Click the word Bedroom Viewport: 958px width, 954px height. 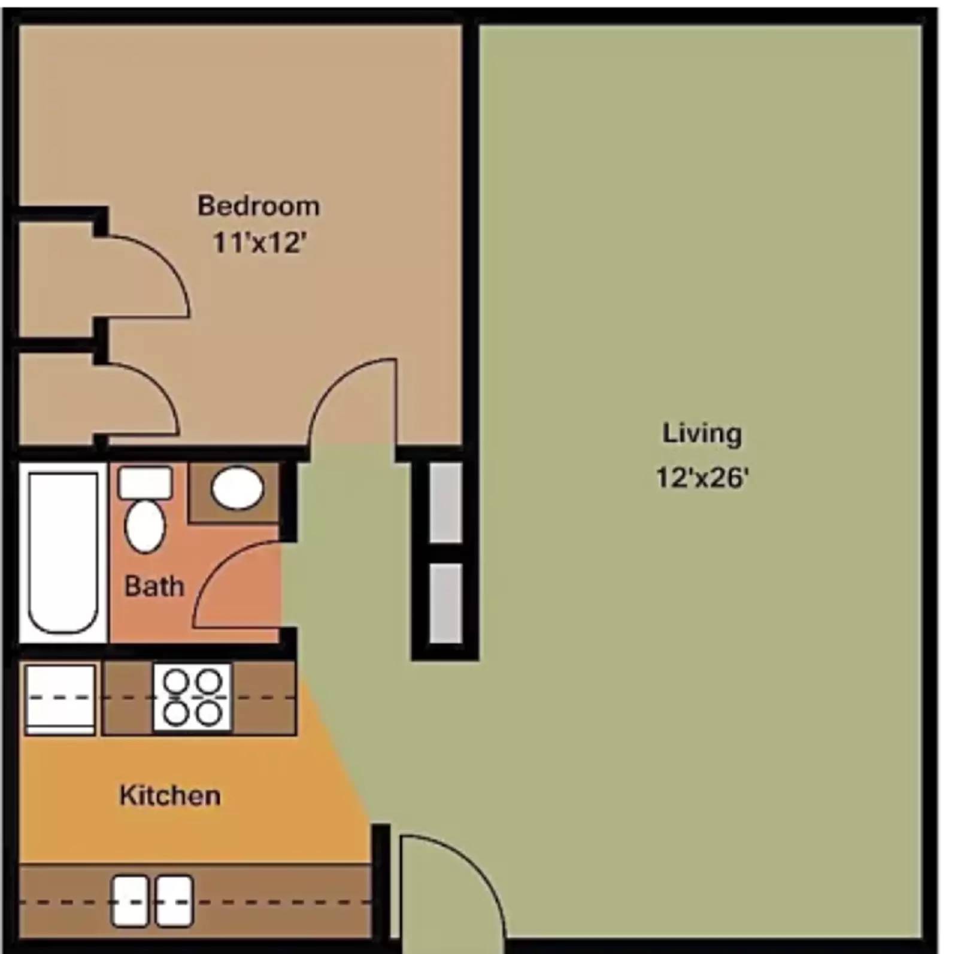(x=259, y=206)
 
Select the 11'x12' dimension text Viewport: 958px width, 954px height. (x=260, y=243)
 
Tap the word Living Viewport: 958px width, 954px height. (x=702, y=434)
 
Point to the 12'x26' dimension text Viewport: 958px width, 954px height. (x=702, y=478)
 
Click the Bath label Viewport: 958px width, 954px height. (x=154, y=586)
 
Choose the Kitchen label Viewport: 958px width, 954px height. (x=170, y=796)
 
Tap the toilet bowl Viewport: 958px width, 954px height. (x=145, y=527)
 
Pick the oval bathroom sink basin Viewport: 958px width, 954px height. (x=238, y=488)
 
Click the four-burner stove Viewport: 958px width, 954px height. (x=192, y=698)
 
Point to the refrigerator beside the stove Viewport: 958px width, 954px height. (x=60, y=699)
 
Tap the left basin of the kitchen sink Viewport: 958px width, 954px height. (x=130, y=901)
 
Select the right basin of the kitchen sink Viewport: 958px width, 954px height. (x=174, y=901)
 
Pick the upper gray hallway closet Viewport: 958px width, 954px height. (x=446, y=502)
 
